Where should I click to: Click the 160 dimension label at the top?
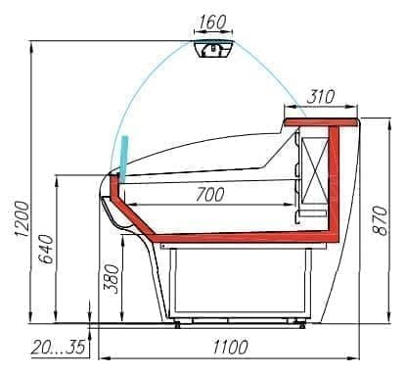tap(212, 22)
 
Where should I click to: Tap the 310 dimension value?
tap(321, 96)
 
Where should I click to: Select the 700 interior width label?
tap(210, 195)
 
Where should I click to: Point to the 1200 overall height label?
tap(23, 219)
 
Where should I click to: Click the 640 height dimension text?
tap(46, 249)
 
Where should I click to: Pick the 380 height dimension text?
tap(111, 279)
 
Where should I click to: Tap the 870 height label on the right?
tap(380, 220)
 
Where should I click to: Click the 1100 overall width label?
tap(230, 347)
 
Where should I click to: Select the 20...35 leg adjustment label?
tap(59, 348)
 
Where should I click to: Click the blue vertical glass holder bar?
tap(123, 159)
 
